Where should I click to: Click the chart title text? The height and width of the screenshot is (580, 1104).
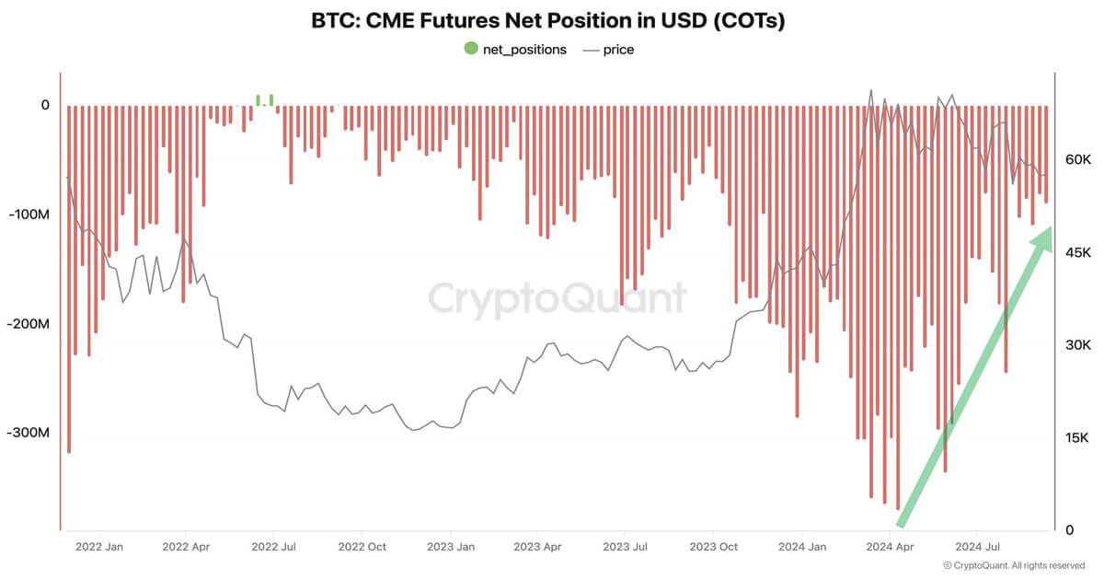[548, 21]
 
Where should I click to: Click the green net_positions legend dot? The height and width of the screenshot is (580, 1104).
[471, 49]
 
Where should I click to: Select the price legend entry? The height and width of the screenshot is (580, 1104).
[608, 50]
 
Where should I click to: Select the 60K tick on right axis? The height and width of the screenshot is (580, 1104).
[1077, 159]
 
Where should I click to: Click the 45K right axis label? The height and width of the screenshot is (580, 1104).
[1077, 252]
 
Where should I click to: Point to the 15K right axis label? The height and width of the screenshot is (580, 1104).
[1077, 437]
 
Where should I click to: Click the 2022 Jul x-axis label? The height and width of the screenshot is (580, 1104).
[274, 546]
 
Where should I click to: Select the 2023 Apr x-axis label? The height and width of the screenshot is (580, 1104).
[538, 546]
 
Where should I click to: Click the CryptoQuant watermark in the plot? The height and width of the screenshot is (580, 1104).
[558, 298]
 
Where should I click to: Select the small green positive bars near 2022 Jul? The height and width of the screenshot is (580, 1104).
[264, 99]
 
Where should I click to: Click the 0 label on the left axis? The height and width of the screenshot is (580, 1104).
[44, 105]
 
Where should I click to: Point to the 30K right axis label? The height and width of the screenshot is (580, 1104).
[1077, 345]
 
